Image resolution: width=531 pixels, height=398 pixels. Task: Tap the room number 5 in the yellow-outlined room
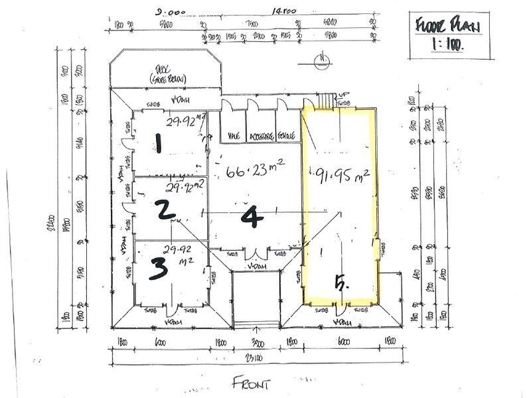tap(341, 285)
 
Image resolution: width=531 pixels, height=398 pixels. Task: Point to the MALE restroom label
tap(233, 135)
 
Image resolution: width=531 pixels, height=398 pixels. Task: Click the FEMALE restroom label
tap(287, 135)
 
